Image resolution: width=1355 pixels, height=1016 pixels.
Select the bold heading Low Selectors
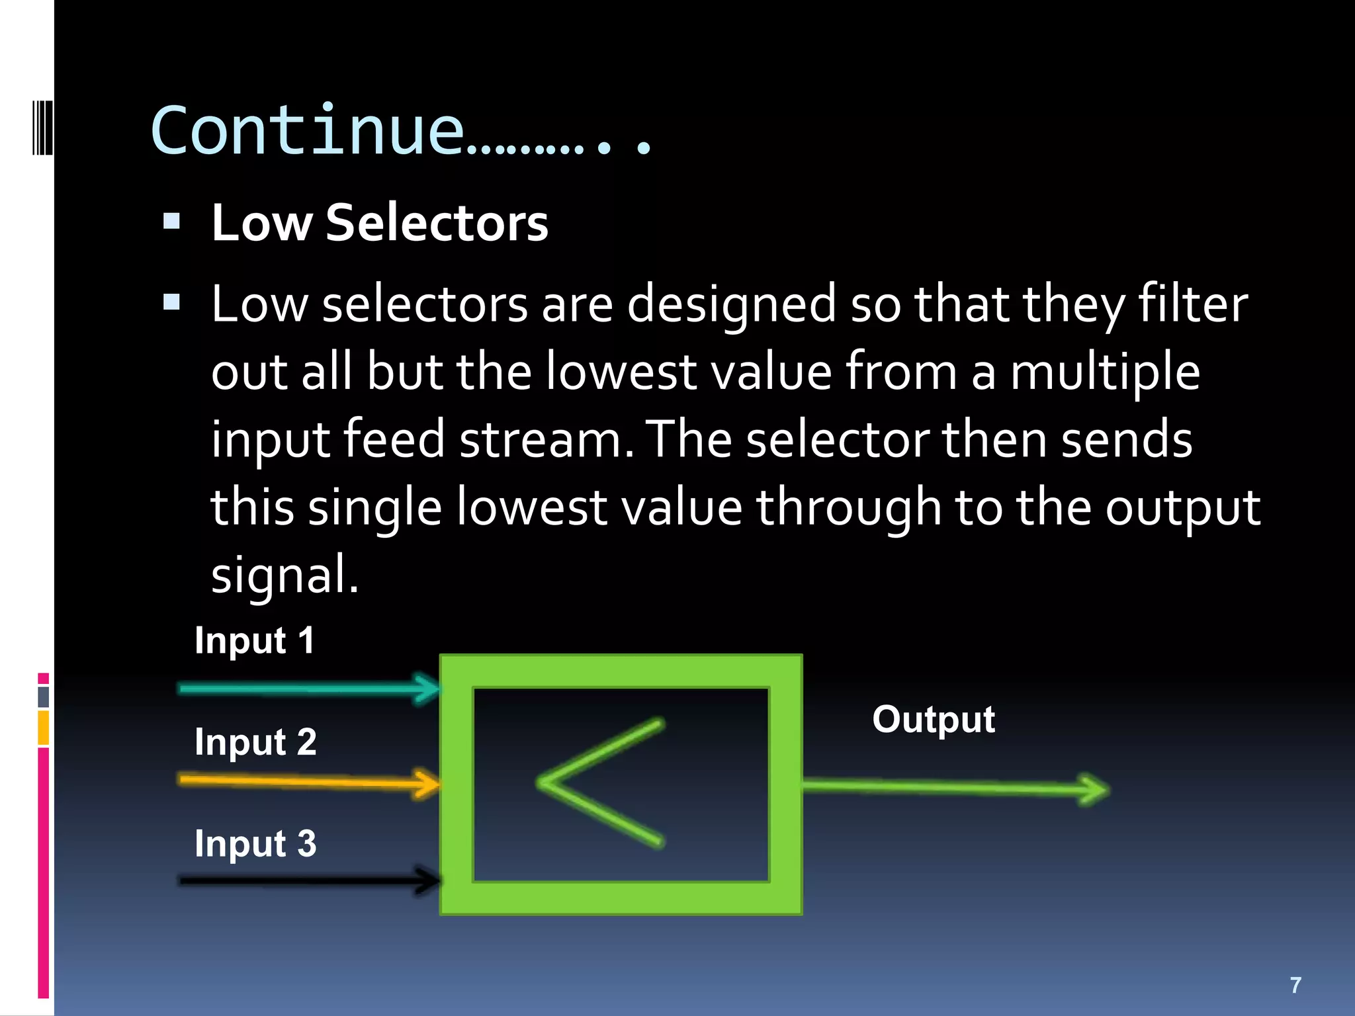coord(379,223)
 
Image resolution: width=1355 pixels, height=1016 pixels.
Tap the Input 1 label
coord(255,640)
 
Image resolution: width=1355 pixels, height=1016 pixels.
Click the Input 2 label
coord(255,741)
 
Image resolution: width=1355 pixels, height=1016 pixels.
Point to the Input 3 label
coord(255,843)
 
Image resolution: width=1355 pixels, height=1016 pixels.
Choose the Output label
coord(933,719)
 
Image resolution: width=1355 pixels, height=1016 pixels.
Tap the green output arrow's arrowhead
coord(1095,789)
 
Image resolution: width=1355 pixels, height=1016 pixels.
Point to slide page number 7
coord(1295,985)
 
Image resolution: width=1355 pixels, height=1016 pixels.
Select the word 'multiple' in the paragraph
coord(1104,372)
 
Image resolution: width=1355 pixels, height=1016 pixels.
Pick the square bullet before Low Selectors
coord(172,221)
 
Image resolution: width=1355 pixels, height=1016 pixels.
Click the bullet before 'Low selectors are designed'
coord(172,302)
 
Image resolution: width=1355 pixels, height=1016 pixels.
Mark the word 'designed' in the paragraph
coord(731,304)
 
